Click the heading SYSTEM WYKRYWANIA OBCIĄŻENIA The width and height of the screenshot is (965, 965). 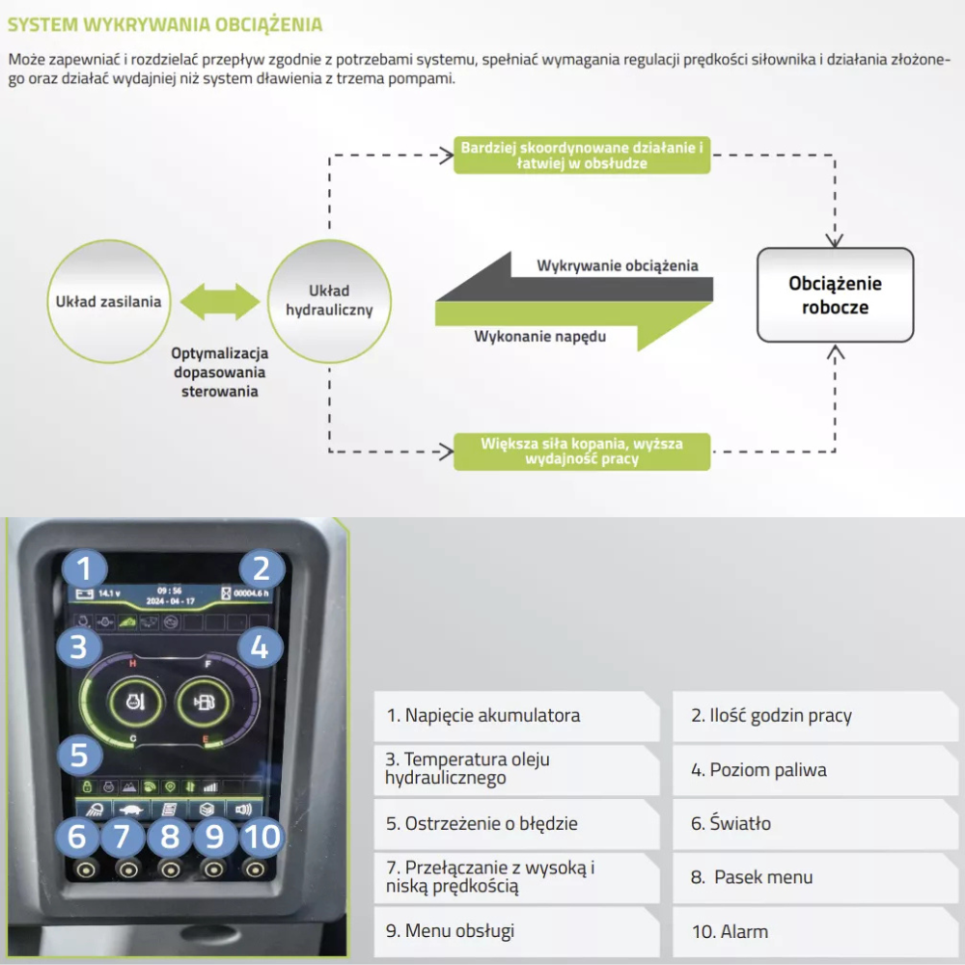(165, 24)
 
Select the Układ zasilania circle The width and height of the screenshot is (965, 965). (107, 301)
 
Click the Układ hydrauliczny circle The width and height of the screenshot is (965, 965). (329, 300)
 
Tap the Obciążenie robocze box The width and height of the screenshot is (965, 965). (835, 295)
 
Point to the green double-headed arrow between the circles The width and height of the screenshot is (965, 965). (220, 301)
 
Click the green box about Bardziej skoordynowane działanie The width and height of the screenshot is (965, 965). (581, 155)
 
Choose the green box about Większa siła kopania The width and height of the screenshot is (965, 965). (581, 451)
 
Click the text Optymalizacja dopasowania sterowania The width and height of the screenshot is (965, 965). (220, 372)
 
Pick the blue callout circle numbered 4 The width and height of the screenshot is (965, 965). (259, 648)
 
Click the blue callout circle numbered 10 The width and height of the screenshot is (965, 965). (260, 837)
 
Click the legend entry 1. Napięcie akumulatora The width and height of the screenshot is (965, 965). (515, 716)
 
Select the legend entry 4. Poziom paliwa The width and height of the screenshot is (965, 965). (815, 770)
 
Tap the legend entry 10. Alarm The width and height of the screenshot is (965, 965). (815, 931)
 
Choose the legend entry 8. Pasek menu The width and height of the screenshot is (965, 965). (815, 877)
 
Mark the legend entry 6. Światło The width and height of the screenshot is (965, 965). (815, 824)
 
